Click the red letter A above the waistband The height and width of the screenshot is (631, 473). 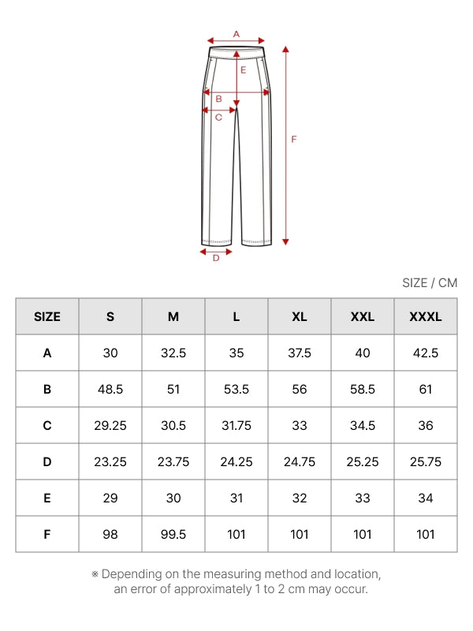pos(236,34)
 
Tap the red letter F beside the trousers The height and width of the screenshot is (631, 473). pos(293,140)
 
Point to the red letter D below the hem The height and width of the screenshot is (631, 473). pos(216,258)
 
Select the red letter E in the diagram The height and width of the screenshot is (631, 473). pos(243,70)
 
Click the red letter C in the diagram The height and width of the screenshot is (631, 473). pos(218,117)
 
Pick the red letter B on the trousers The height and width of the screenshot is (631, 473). pos(219,99)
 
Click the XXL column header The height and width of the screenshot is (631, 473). pos(363,317)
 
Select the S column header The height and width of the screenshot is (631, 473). pos(110,317)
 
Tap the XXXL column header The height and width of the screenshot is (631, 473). pos(426,317)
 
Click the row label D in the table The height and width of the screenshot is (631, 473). pos(47,461)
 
